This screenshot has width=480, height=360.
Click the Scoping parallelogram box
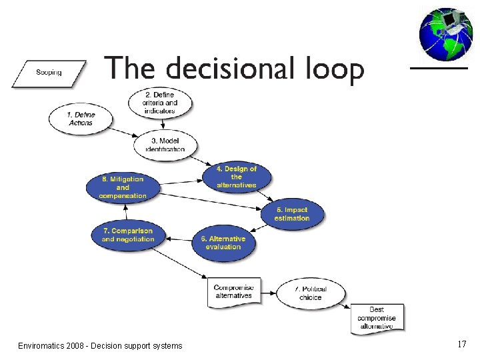[x=49, y=73]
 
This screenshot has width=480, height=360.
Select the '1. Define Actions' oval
[x=81, y=119]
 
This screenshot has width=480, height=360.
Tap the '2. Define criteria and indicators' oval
[x=161, y=103]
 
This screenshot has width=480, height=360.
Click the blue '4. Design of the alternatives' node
[x=236, y=177]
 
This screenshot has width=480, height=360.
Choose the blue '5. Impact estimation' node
[x=292, y=214]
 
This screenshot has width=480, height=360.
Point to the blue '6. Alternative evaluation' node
[x=223, y=243]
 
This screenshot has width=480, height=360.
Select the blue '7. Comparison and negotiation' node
[x=127, y=235]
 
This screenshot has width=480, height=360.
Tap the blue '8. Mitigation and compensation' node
[x=122, y=188]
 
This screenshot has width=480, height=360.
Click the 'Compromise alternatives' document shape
[x=233, y=291]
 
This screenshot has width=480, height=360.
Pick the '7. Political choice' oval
[x=311, y=293]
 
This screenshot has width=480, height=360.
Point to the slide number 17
[x=461, y=344]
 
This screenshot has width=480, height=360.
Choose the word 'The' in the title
[x=131, y=69]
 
